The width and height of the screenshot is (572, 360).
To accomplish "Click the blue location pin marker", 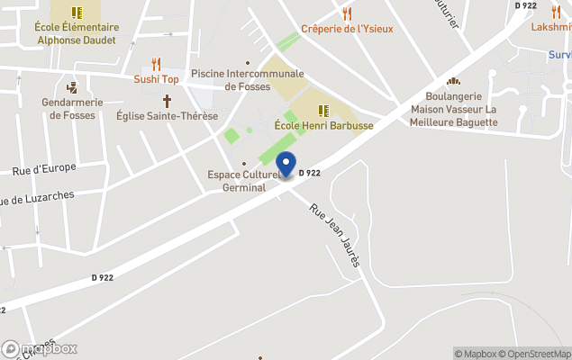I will pos(286,166).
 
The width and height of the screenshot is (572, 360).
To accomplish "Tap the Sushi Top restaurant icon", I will pos(157,64).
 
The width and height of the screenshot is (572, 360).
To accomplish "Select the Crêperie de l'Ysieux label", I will pos(347,29).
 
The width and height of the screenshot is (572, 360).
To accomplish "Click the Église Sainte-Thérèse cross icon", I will pos(167,101).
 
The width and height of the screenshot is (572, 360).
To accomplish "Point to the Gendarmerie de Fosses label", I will pos(73,110).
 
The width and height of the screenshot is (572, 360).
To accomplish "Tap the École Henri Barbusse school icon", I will pos(323,111).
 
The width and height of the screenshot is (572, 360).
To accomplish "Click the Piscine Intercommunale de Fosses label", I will pos(248,80).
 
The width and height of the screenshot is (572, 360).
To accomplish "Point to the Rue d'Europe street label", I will pos(44,169).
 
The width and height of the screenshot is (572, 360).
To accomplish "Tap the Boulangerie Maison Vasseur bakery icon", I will pos(453,82).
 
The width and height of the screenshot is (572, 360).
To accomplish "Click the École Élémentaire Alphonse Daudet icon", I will pos(77,13).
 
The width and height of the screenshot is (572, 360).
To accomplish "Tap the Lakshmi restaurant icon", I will pos(556,12).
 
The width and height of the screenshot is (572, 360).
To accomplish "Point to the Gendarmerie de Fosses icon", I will pos(72,88).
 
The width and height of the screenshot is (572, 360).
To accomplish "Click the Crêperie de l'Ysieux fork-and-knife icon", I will pos(347,13).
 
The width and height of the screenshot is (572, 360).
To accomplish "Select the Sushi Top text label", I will pos(157,79).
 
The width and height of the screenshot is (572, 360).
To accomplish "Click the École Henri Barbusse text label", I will pos(323,126).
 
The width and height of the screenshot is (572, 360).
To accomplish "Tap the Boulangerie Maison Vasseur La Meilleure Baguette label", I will pos(453,109).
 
